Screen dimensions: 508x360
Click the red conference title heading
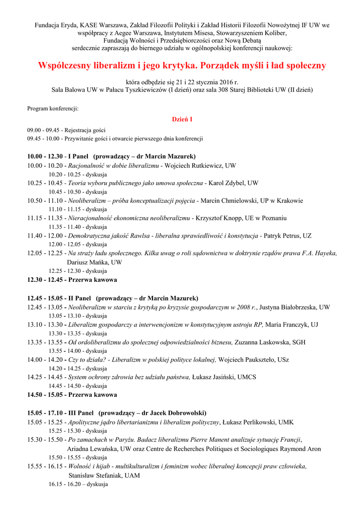pyautogui.click(x=182, y=65)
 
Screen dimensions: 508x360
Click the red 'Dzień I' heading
pyautogui.click(x=182, y=120)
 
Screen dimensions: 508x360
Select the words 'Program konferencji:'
pyautogui.click(x=53, y=108)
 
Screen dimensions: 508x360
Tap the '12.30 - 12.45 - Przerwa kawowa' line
pyautogui.click(x=72, y=280)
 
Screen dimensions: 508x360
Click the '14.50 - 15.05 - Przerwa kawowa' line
pyautogui.click(x=72, y=395)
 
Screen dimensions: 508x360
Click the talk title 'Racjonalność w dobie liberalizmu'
pyautogui.click(x=113, y=165)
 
